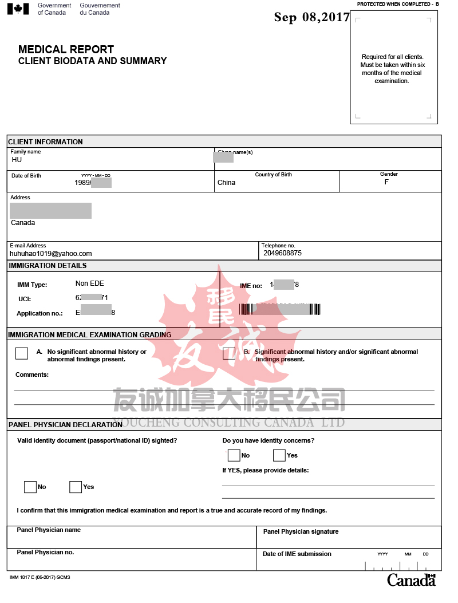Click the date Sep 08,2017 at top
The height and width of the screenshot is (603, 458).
[311, 17]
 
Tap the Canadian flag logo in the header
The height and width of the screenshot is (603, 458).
[18, 9]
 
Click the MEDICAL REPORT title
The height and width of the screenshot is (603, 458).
[66, 49]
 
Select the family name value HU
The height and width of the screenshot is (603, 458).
[17, 160]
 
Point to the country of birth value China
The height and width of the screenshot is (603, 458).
[226, 183]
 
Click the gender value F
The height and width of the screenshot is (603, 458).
[386, 182]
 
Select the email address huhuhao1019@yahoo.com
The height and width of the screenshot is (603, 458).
[51, 253]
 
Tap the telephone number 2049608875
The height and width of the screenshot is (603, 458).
[282, 253]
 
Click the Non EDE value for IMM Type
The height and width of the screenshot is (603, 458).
[90, 283]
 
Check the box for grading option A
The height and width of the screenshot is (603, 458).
[22, 353]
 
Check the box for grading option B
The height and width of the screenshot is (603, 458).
[229, 353]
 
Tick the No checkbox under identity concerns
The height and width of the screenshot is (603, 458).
[234, 455]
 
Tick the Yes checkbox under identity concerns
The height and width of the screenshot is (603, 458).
[279, 455]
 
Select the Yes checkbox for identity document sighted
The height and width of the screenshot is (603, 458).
[76, 487]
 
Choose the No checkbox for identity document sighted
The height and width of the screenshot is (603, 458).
[30, 487]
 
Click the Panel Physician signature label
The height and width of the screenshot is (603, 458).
[301, 531]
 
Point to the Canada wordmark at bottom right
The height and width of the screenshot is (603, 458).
[411, 580]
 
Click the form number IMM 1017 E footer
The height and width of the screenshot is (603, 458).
[40, 577]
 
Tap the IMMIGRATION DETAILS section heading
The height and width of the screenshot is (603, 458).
[48, 266]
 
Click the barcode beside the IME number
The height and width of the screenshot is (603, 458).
[280, 309]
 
